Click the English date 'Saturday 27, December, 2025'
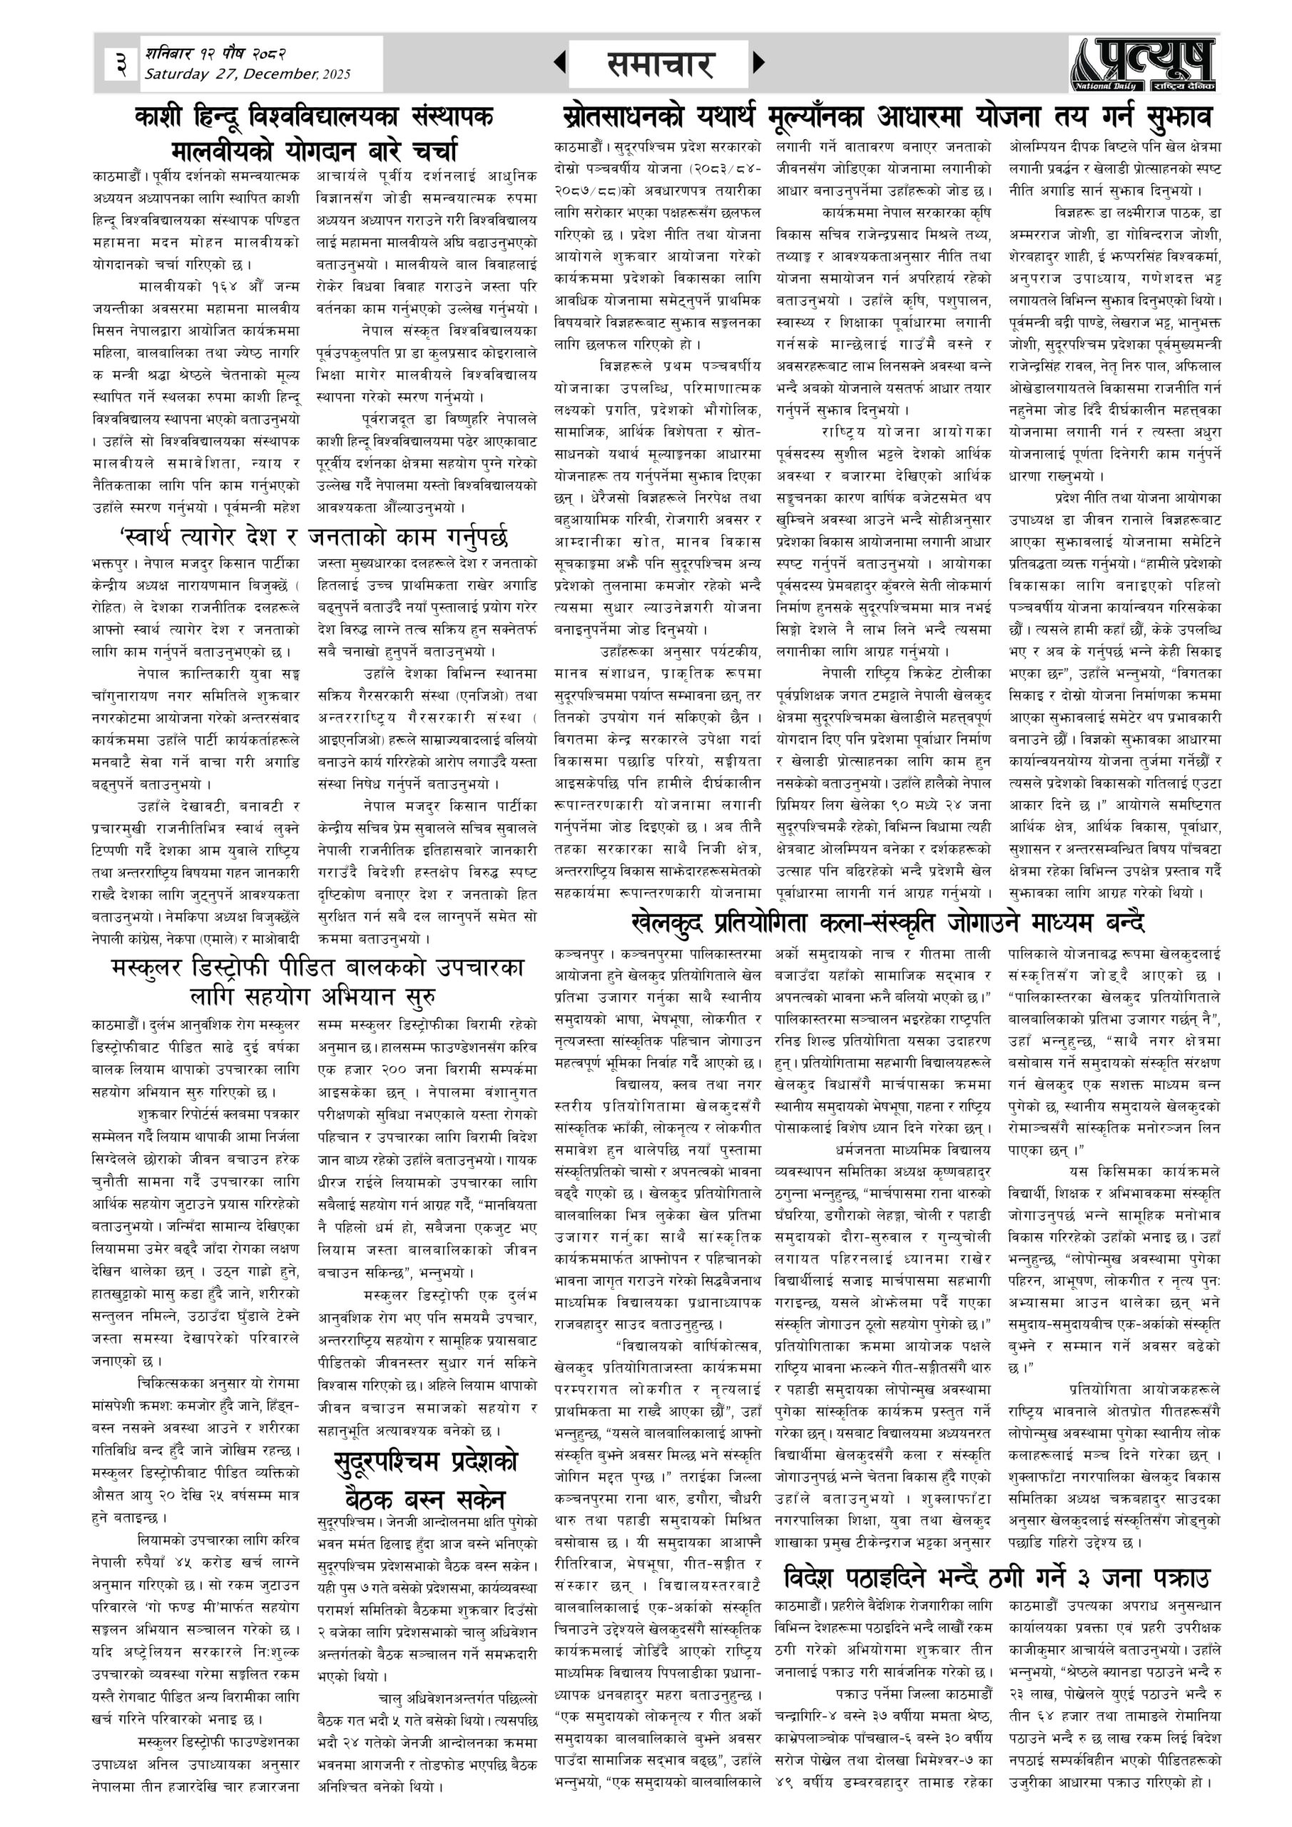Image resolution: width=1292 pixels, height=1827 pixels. click(x=247, y=74)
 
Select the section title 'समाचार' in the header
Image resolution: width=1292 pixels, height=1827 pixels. click(x=658, y=64)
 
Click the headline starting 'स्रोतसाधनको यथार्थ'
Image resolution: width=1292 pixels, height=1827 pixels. click(x=883, y=117)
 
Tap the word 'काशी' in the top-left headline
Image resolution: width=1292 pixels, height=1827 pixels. click(x=164, y=117)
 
